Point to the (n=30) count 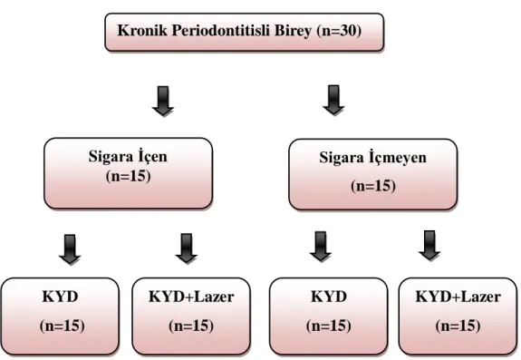click(339, 31)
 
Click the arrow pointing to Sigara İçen click(163, 101)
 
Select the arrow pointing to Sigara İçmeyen click(333, 100)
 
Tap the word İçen click(152, 156)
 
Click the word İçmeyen click(398, 157)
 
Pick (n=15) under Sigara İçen click(129, 176)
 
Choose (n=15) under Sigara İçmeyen click(373, 186)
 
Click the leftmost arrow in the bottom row click(70, 249)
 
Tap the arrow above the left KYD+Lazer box click(187, 248)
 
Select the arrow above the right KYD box click(321, 247)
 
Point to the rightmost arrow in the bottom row click(429, 246)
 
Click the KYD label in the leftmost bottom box click(60, 297)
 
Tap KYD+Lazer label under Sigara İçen click(191, 297)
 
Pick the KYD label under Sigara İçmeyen click(329, 297)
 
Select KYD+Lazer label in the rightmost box click(458, 297)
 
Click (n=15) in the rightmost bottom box click(458, 326)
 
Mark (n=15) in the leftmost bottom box click(63, 326)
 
